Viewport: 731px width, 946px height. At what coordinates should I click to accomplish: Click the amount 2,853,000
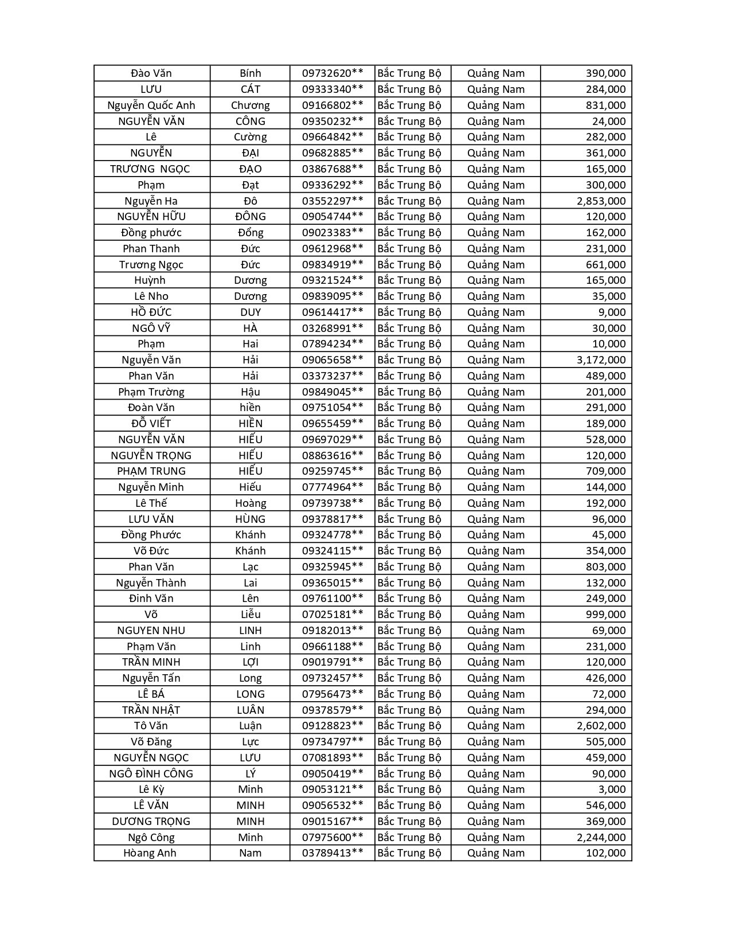601,201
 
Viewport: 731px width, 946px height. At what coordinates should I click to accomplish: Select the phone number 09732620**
333,73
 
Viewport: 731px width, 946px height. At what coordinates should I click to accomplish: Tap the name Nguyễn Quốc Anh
151,105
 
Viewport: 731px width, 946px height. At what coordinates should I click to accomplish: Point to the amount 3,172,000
601,360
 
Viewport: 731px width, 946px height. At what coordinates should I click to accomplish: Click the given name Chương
250,105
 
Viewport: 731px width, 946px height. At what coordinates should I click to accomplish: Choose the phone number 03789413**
333,853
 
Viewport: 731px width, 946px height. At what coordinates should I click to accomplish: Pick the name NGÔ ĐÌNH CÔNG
151,773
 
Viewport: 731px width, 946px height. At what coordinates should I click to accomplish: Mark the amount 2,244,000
601,837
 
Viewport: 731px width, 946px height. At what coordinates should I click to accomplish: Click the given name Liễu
250,615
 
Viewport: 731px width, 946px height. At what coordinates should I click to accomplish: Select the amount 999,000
605,615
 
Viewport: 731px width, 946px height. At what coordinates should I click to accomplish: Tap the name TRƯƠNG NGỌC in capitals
150,169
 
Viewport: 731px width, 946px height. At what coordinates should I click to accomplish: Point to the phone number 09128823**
333,726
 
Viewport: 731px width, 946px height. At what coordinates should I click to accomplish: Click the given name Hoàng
250,503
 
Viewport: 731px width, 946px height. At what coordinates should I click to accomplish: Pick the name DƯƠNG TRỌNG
151,822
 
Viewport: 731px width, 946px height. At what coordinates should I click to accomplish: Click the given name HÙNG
250,519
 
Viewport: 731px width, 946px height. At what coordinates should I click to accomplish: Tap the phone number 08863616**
333,456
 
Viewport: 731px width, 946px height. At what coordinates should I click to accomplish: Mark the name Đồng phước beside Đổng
151,233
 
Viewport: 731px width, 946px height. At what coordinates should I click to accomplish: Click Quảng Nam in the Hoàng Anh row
495,853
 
